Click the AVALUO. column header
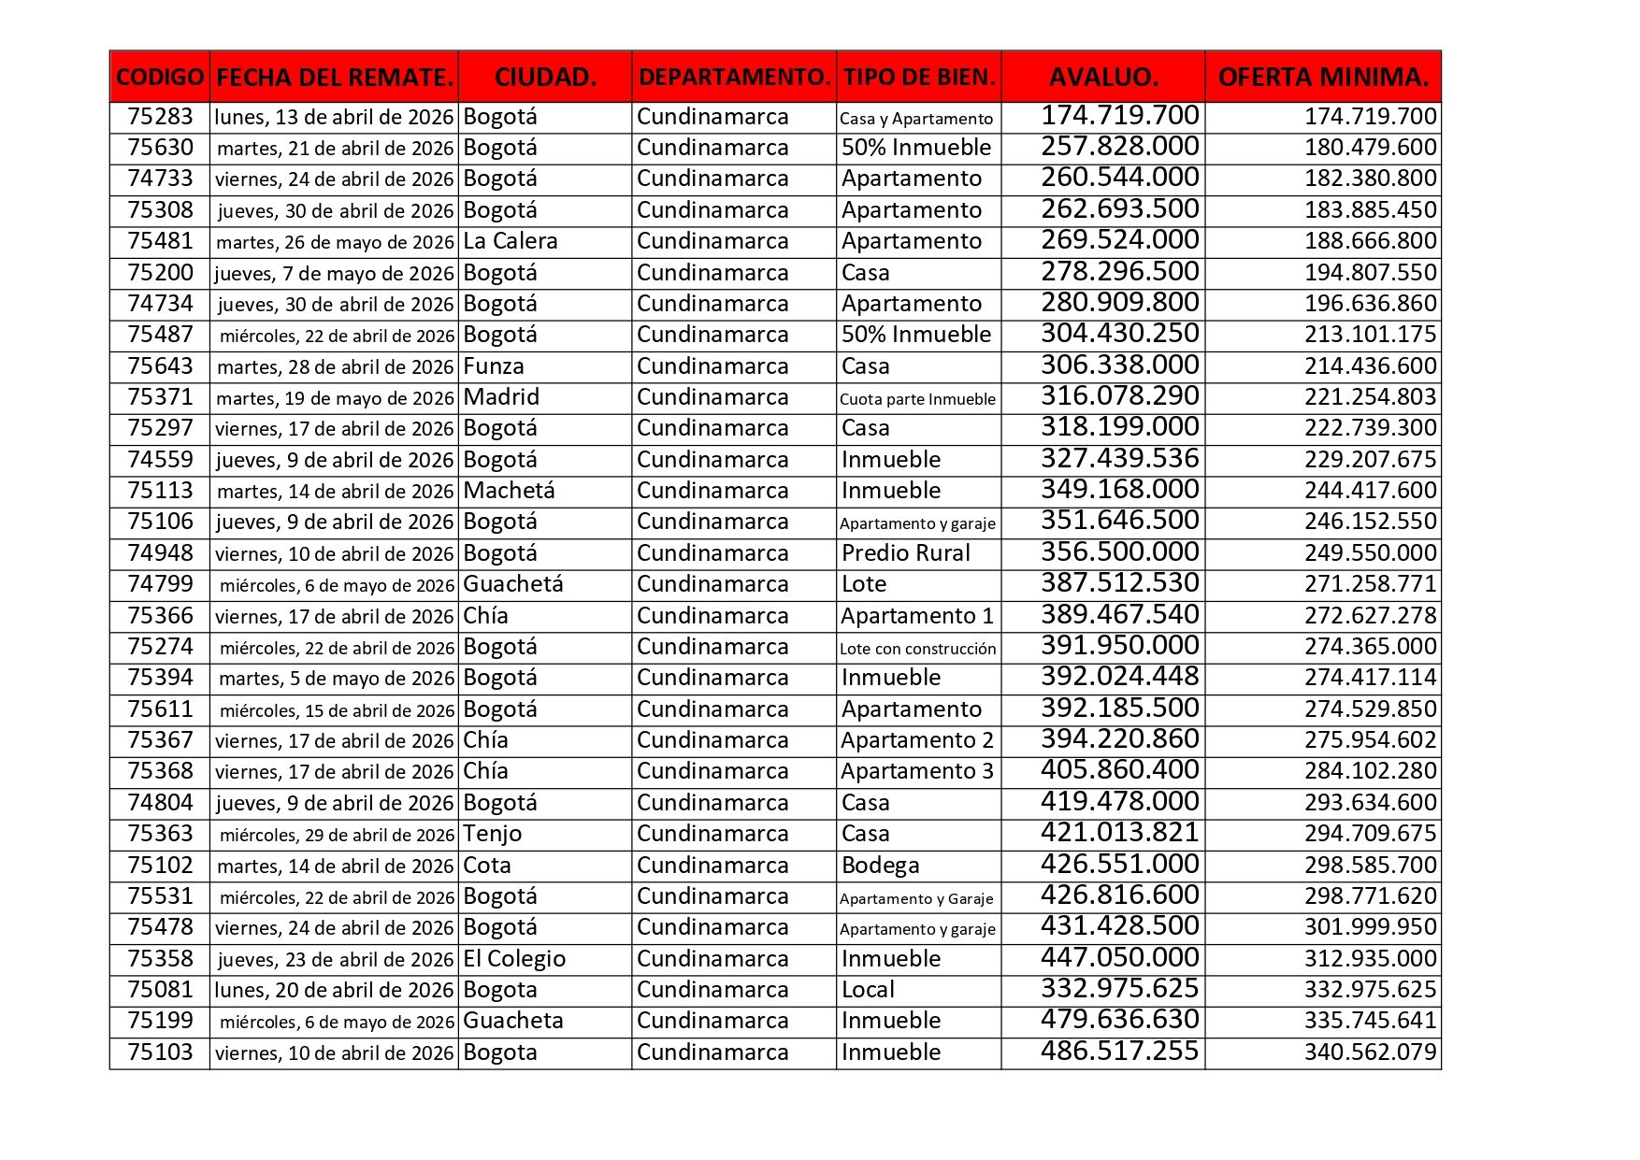(1103, 77)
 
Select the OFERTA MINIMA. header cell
(1323, 77)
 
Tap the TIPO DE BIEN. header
(919, 77)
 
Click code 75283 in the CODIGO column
(160, 117)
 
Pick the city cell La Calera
(511, 241)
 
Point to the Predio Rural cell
(905, 553)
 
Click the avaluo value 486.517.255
(1119, 1052)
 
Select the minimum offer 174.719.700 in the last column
(1370, 117)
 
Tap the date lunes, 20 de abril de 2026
(334, 990)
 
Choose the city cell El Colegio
(514, 959)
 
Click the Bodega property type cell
(880, 866)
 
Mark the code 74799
(160, 584)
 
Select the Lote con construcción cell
(917, 648)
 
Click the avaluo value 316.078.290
(1119, 396)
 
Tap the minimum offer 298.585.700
(1370, 866)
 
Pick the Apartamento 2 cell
(916, 740)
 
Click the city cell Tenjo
(492, 834)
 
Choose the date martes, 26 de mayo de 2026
(335, 242)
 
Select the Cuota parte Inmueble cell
(917, 399)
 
